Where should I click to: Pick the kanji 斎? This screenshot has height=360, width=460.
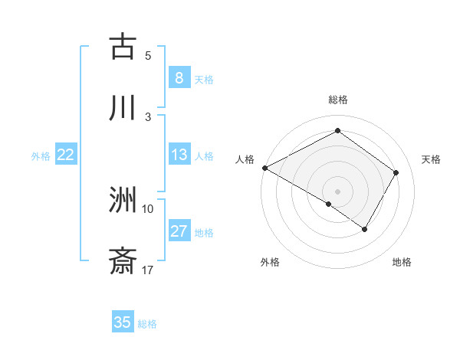pyautogui.click(x=123, y=261)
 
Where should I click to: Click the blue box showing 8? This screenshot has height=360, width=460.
pyautogui.click(x=179, y=78)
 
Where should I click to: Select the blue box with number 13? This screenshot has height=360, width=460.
pyautogui.click(x=179, y=155)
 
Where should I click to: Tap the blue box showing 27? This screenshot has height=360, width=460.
pyautogui.click(x=179, y=231)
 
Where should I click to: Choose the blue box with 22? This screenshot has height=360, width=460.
pyautogui.click(x=65, y=155)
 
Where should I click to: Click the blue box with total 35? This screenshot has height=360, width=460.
pyautogui.click(x=123, y=322)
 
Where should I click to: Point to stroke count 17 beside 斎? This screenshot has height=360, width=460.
pyautogui.click(x=148, y=270)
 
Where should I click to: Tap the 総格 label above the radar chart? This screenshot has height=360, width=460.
pyautogui.click(x=338, y=100)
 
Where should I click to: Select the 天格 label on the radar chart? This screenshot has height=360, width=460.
pyautogui.click(x=432, y=159)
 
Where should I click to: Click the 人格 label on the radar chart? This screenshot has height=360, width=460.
pyautogui.click(x=245, y=159)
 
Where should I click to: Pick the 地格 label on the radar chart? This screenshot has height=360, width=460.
pyautogui.click(x=402, y=262)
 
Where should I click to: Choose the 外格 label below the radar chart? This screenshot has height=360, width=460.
pyautogui.click(x=270, y=262)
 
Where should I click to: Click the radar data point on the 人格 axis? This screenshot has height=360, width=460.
pyautogui.click(x=264, y=167)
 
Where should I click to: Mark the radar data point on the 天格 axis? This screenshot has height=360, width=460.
pyautogui.click(x=396, y=172)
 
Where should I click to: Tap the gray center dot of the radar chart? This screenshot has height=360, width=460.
pyautogui.click(x=338, y=191)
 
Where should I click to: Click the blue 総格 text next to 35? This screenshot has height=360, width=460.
pyautogui.click(x=147, y=323)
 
